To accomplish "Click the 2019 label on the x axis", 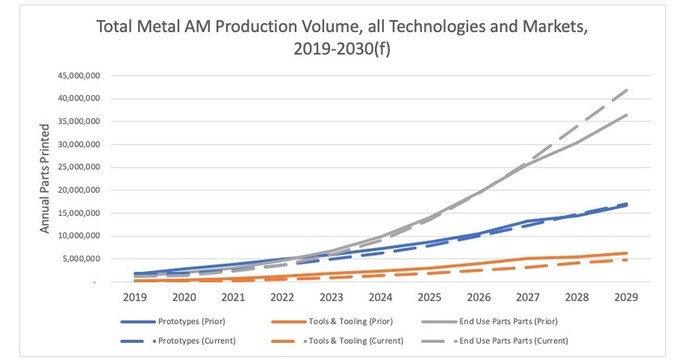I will pyautogui.click(x=134, y=297).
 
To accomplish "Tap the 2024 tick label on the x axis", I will pyautogui.click(x=380, y=297).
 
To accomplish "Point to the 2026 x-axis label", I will pyautogui.click(x=479, y=297).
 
